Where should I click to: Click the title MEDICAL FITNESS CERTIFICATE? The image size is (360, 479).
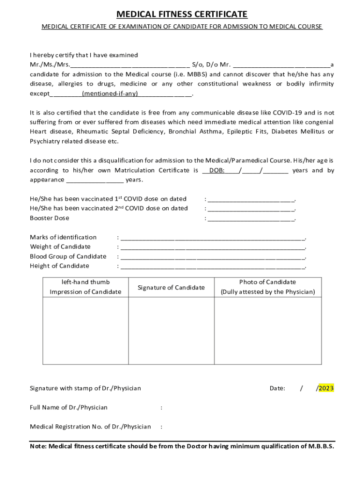[182, 15]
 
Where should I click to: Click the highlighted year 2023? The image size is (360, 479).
[326, 388]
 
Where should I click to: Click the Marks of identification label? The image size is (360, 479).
[63, 237]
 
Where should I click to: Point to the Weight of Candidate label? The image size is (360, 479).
[60, 247]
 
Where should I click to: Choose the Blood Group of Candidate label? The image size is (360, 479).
[68, 256]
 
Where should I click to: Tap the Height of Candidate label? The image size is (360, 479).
[59, 266]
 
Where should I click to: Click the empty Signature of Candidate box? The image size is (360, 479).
[171, 330]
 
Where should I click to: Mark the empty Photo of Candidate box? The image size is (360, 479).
[267, 330]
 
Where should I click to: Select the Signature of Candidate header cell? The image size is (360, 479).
[171, 287]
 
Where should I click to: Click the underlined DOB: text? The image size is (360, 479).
[216, 170]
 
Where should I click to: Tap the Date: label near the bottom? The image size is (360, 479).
[277, 388]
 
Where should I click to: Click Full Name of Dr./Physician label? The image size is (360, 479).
[69, 407]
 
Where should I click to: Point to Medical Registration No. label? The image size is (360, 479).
[90, 427]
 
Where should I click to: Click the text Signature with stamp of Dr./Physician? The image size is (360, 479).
[85, 388]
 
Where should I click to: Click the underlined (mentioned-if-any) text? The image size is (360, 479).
[110, 94]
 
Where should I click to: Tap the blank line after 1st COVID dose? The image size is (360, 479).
[251, 199]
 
